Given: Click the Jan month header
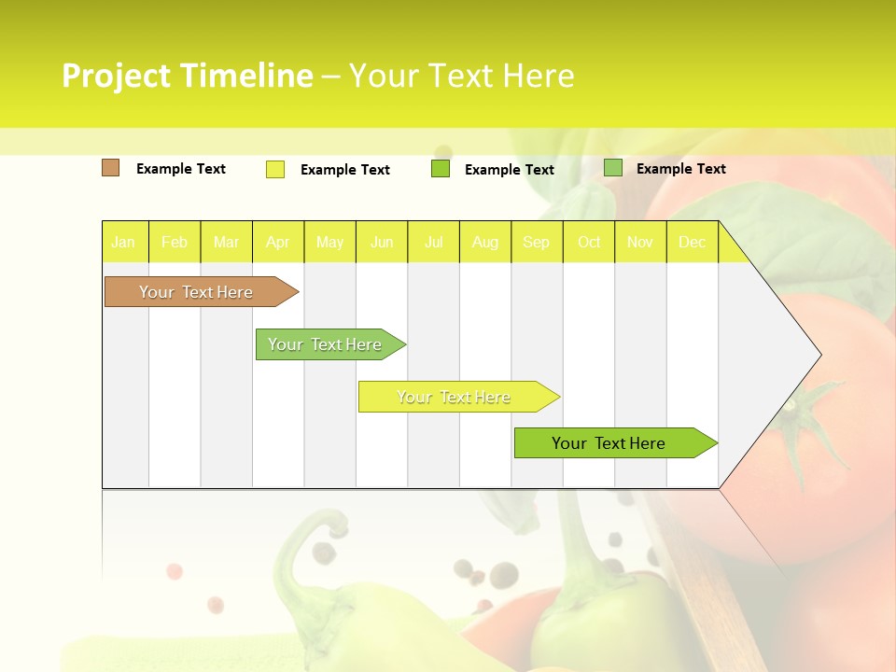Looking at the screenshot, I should pyautogui.click(x=123, y=242).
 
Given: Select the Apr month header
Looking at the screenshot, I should pyautogui.click(x=278, y=242).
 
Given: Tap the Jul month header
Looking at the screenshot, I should pyautogui.click(x=433, y=242).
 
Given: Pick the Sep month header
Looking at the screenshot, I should pyautogui.click(x=536, y=242).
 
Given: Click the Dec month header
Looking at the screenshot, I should pyautogui.click(x=692, y=242).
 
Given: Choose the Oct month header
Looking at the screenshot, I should pyautogui.click(x=589, y=242).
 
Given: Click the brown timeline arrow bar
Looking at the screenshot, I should pyautogui.click(x=196, y=292).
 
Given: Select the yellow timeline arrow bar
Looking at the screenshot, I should pyautogui.click(x=455, y=397).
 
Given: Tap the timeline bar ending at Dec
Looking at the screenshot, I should pyautogui.click(x=609, y=443).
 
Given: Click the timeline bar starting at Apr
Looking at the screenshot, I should pyautogui.click(x=325, y=344).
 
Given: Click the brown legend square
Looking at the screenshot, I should pyautogui.click(x=111, y=168).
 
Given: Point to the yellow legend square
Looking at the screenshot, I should pyautogui.click(x=275, y=169).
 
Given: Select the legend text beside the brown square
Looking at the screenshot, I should pyautogui.click(x=181, y=169).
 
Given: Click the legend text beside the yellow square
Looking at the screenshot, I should pyautogui.click(x=345, y=170).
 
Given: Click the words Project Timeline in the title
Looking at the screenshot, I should pyautogui.click(x=187, y=76).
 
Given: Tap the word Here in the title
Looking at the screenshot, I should pyautogui.click(x=539, y=76).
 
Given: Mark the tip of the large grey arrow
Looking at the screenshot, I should pyautogui.click(x=819, y=355).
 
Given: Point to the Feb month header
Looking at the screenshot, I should pyautogui.click(x=175, y=242).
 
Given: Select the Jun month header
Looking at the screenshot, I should pyautogui.click(x=382, y=242).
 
